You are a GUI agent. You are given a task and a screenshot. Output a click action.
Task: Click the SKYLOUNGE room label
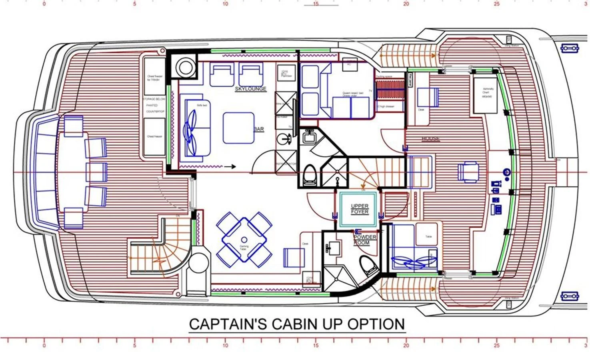click(250, 89)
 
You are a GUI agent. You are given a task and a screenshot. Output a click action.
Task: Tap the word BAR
click(259, 129)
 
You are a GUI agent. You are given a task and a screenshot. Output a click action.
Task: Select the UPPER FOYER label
click(359, 209)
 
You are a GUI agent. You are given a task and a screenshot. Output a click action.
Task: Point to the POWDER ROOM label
click(364, 240)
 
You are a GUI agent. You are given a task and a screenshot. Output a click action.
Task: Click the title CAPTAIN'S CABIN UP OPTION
click(297, 324)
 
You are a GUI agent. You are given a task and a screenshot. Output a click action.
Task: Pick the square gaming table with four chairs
click(244, 240)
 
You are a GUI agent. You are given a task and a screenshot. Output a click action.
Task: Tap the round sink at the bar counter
click(285, 138)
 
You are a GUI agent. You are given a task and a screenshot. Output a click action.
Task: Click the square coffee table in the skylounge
click(238, 128)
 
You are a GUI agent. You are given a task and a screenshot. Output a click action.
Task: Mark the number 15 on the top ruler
click(316, 4)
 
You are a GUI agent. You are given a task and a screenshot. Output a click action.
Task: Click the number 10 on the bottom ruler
click(225, 345)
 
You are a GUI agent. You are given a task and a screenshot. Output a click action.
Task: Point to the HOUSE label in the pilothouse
click(430, 139)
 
